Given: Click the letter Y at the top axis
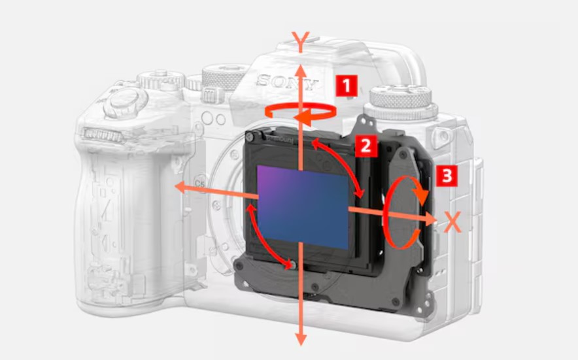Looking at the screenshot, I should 300,42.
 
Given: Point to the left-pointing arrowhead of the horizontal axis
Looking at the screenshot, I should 180,188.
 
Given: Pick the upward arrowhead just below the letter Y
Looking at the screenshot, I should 300,71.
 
